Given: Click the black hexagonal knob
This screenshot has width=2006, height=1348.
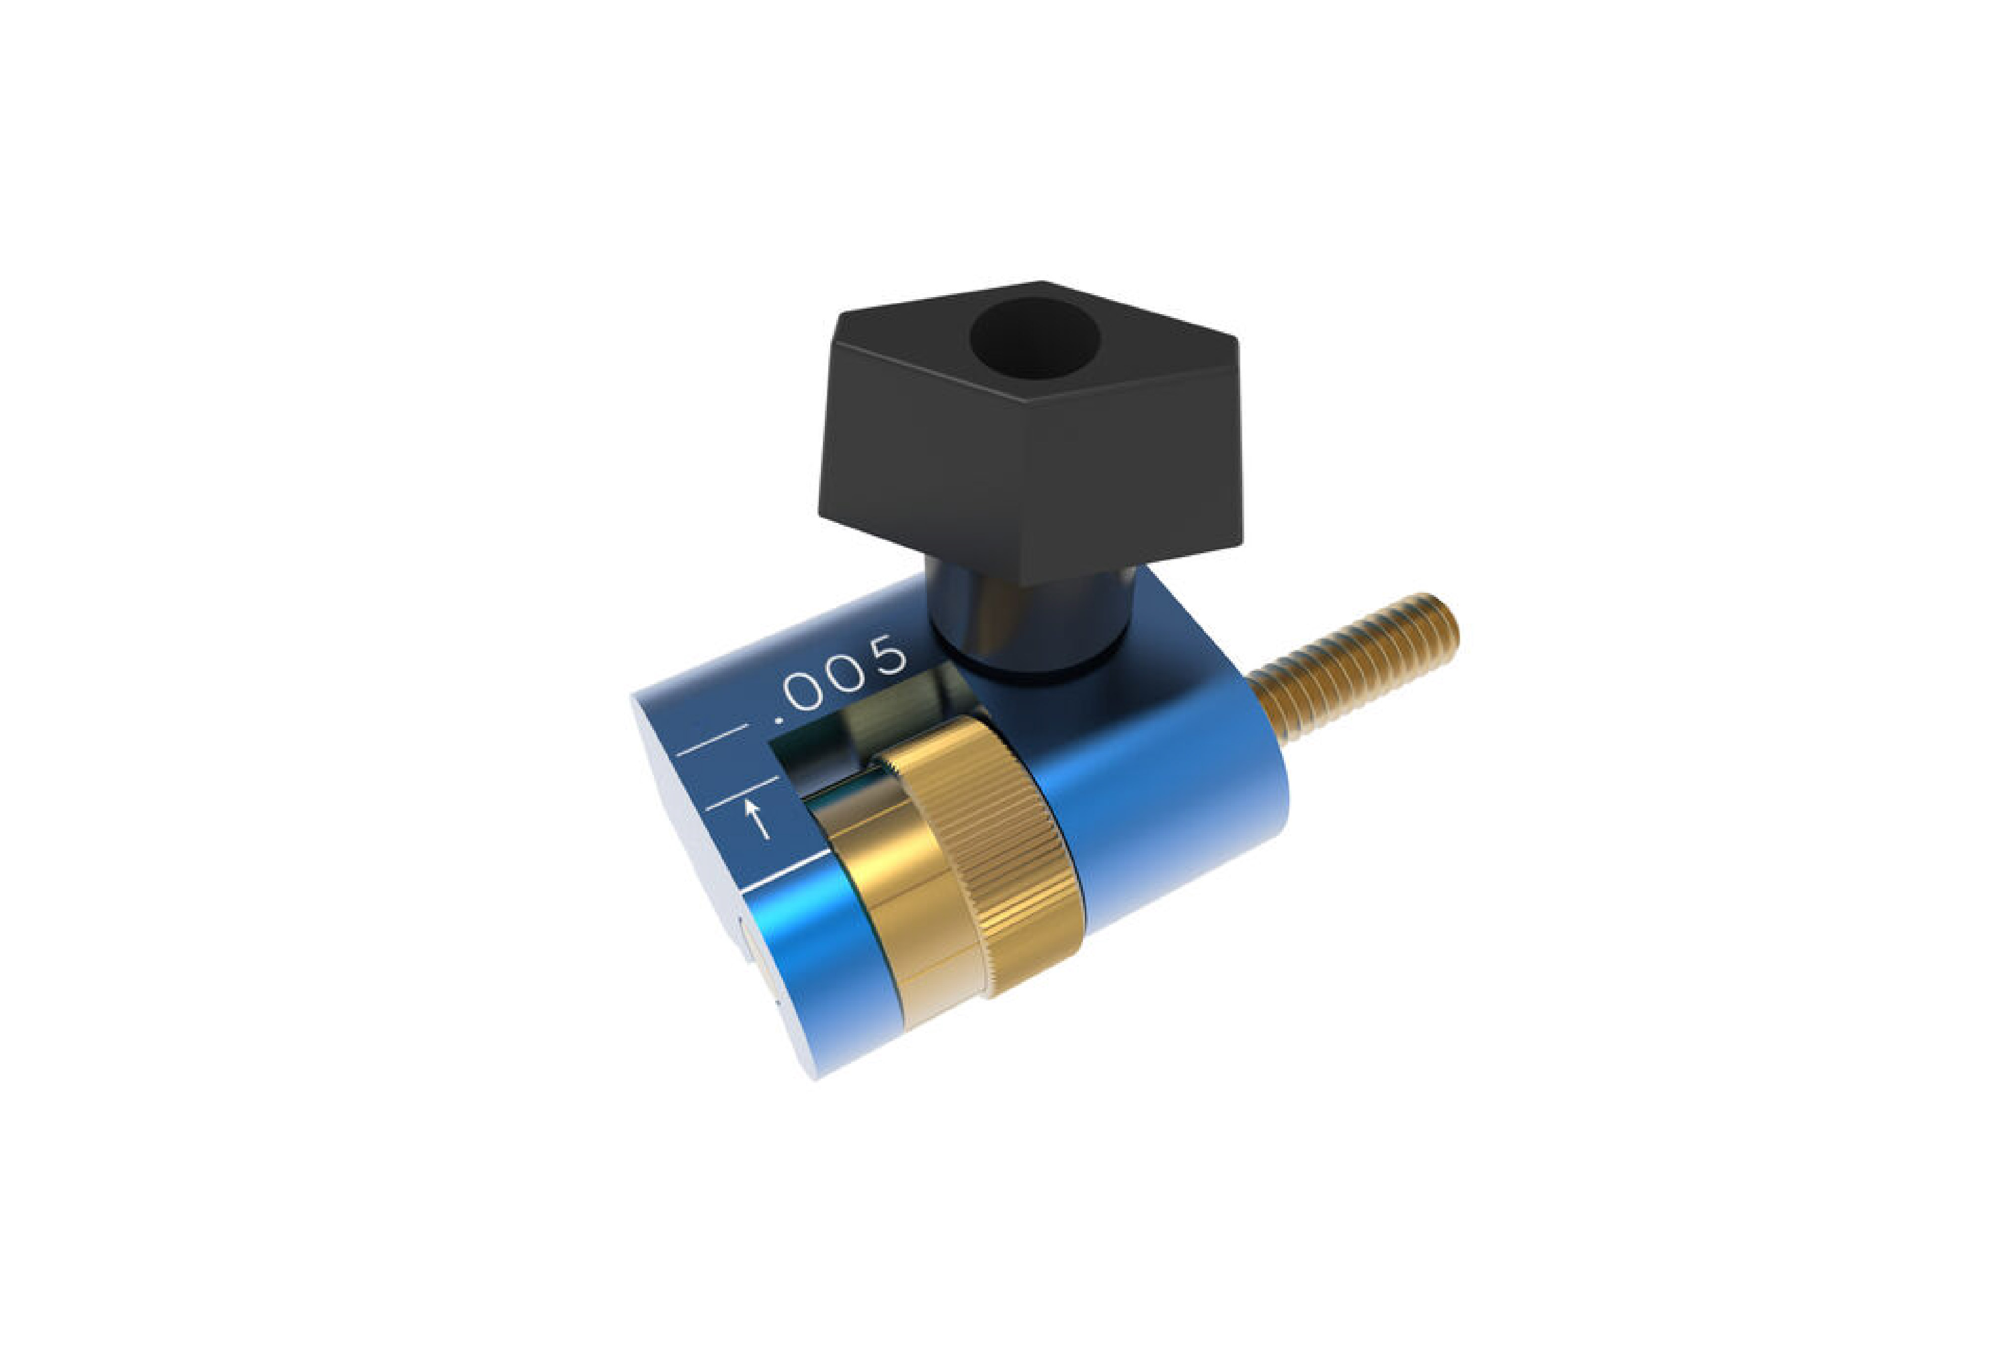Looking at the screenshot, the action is (1030, 430).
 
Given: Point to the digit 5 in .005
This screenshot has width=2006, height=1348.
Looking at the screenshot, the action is (886, 657).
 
